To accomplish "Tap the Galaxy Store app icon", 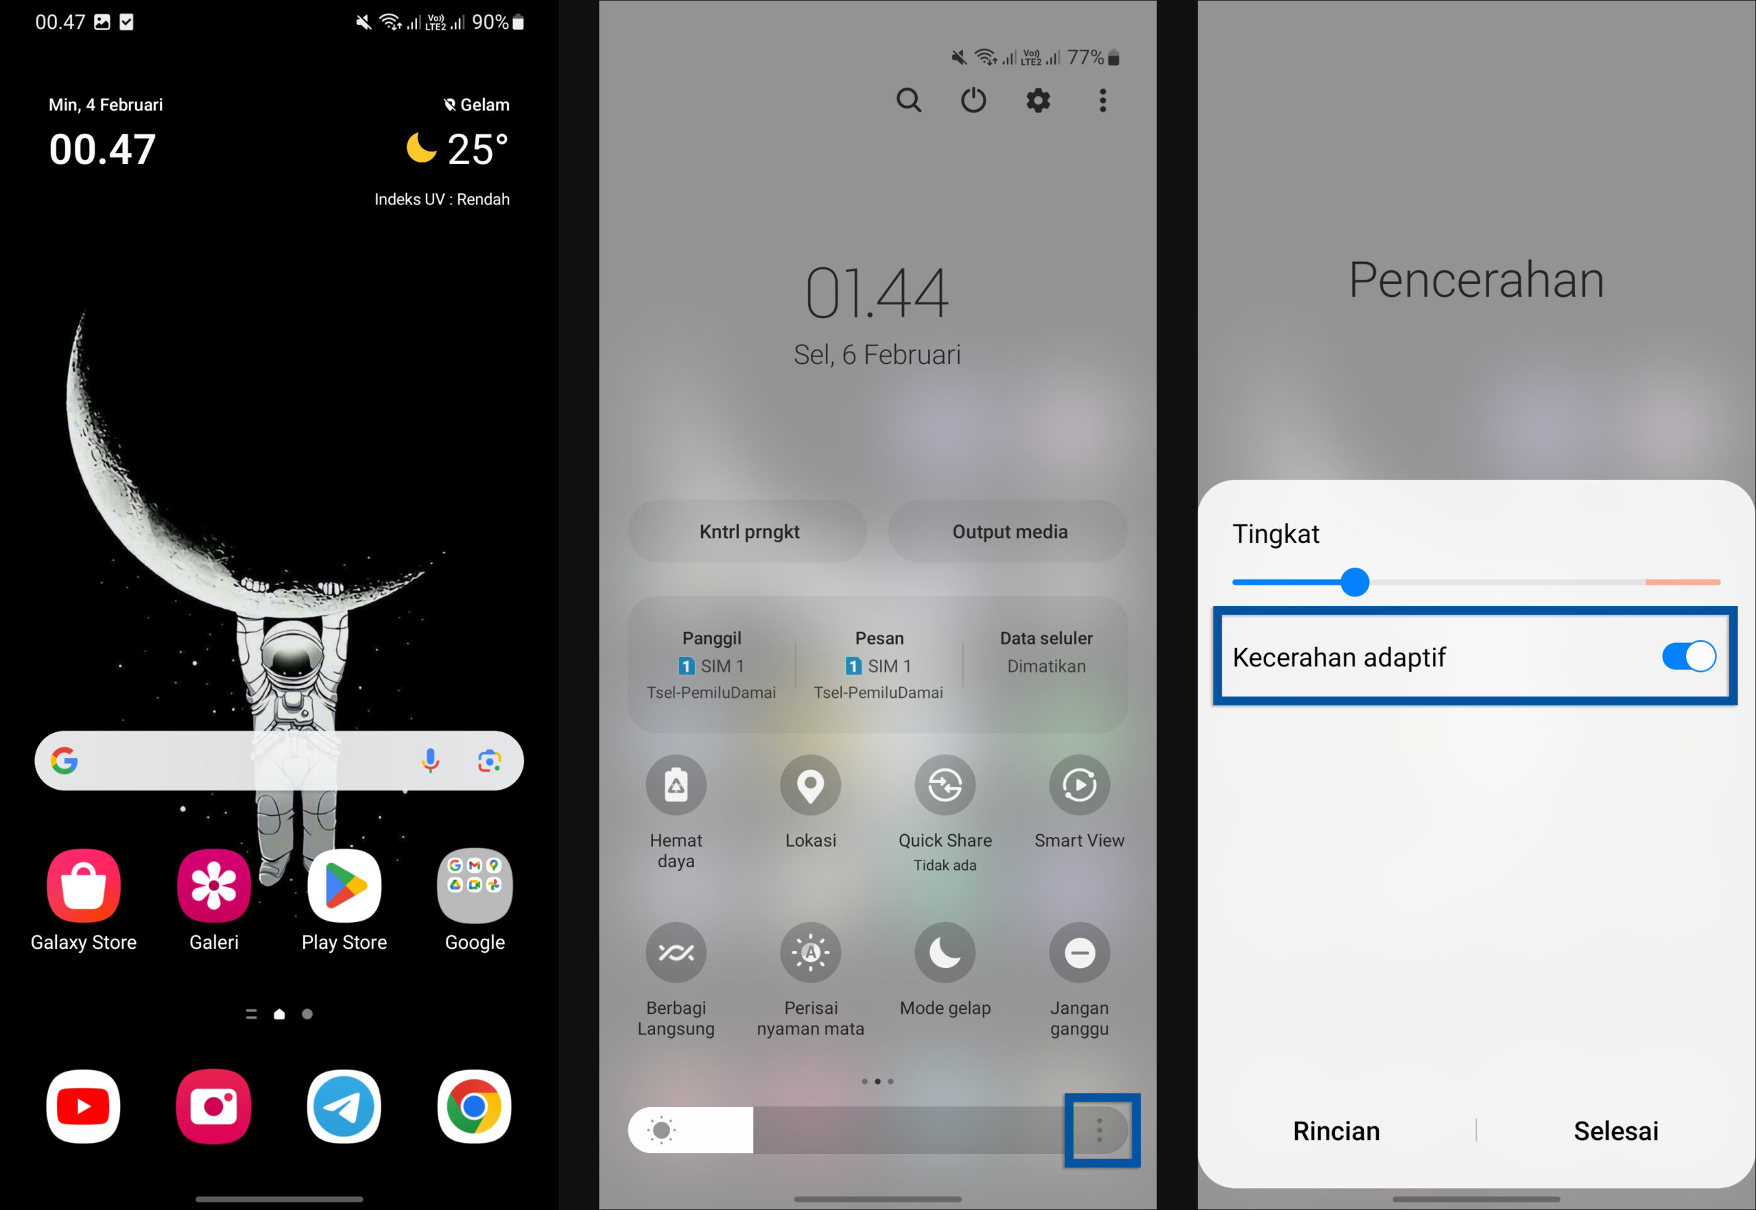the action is point(84,886).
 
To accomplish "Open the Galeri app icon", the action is point(214,886).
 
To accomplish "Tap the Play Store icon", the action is point(344,886).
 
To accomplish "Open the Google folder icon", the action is point(475,886).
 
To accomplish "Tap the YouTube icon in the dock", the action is point(84,1106).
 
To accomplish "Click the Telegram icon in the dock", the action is point(344,1106).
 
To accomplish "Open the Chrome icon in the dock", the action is point(475,1106).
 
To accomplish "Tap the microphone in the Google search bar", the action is point(430,760).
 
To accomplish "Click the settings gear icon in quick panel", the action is point(1038,100).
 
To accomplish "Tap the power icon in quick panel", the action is point(973,100).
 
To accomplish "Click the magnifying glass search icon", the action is point(909,100).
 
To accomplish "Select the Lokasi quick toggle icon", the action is point(810,786).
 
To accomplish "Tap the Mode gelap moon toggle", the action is point(945,953).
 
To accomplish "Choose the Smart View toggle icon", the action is point(1080,786).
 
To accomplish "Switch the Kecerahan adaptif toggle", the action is point(1689,657).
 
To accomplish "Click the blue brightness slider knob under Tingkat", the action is point(1355,582).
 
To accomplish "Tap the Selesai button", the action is point(1615,1130).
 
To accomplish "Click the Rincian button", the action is point(1336,1130).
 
